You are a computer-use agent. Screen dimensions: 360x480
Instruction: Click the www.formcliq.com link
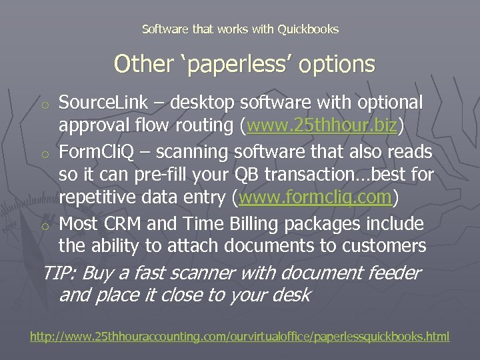315,198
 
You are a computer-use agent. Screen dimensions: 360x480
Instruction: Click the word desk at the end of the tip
291,295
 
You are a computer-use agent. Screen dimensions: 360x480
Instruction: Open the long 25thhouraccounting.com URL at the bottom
240,337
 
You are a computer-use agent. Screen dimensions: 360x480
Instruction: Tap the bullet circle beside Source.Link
45,105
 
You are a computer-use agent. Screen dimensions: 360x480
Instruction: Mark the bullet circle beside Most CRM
45,225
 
